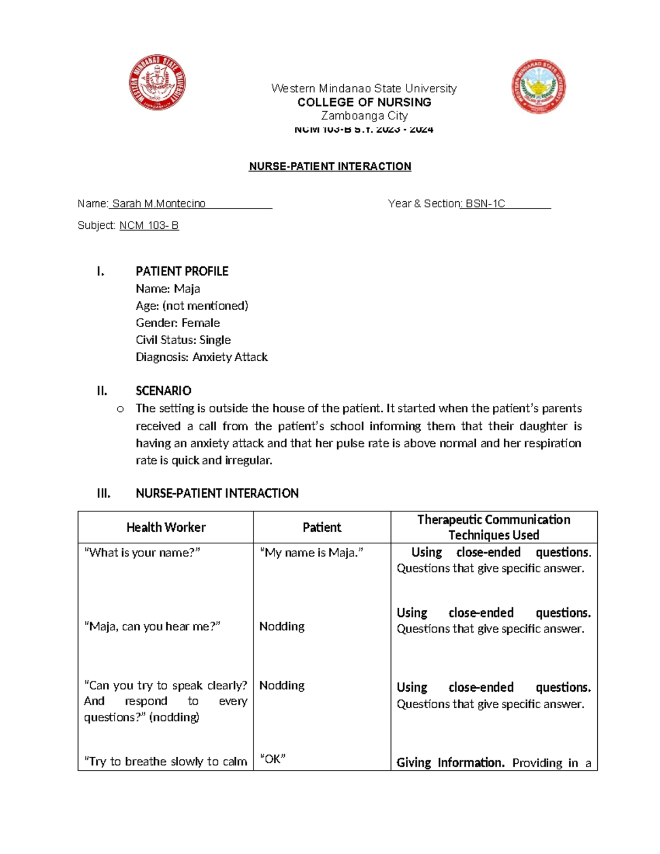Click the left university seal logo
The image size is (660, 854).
tap(157, 83)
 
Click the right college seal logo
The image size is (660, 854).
tap(538, 86)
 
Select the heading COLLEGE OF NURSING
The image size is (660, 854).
tap(364, 102)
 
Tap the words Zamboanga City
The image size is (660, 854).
tap(364, 116)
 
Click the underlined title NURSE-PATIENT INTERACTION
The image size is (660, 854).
tap(330, 167)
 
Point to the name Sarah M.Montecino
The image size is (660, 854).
tap(159, 204)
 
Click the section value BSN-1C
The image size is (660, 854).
tap(485, 204)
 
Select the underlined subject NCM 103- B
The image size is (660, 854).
tap(149, 225)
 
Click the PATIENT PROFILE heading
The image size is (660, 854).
tap(182, 271)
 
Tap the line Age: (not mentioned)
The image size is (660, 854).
tap(192, 306)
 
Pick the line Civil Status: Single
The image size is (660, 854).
tap(183, 340)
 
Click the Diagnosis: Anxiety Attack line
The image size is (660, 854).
tap(201, 357)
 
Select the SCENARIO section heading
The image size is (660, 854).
tap(163, 391)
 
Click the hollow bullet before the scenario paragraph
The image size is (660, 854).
tap(120, 409)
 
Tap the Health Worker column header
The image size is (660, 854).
tap(166, 527)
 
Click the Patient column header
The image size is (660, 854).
tap(322, 527)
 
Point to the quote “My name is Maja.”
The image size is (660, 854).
tap(311, 553)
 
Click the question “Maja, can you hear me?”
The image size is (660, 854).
tap(152, 626)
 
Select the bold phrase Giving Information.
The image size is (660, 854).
tap(450, 763)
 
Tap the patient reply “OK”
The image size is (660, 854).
tap(272, 759)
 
